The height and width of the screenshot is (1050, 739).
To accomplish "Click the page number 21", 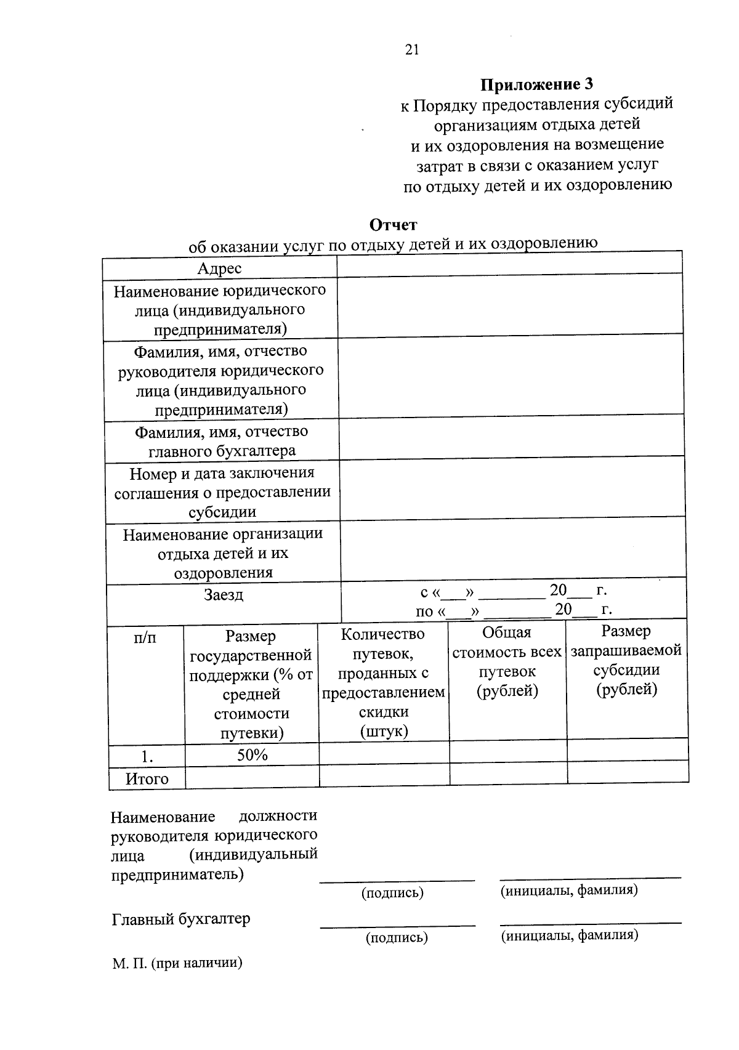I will pyautogui.click(x=412, y=50).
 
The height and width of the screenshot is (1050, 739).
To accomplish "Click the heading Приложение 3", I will pyautogui.click(x=536, y=84).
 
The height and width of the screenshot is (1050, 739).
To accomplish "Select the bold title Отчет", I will pyautogui.click(x=393, y=225).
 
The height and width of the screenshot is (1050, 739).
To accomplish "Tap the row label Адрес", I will pyautogui.click(x=219, y=269).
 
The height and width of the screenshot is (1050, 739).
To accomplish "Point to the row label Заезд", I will pyautogui.click(x=224, y=595).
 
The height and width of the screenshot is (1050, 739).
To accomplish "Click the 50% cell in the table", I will pyautogui.click(x=252, y=755).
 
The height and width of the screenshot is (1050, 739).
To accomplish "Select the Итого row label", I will pyautogui.click(x=147, y=778).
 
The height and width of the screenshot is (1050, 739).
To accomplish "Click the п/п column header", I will pyautogui.click(x=145, y=637).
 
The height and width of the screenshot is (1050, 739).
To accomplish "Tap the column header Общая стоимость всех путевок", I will pyautogui.click(x=507, y=661).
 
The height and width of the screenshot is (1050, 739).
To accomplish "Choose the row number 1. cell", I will pyautogui.click(x=147, y=756).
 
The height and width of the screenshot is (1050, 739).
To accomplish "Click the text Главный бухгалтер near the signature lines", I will pyautogui.click(x=181, y=919).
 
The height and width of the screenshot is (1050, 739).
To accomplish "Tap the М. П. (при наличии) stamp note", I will pyautogui.click(x=177, y=963).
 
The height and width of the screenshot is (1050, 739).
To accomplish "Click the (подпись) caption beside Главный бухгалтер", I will pyautogui.click(x=397, y=937).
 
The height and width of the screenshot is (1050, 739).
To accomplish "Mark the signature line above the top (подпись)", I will pyautogui.click(x=397, y=881).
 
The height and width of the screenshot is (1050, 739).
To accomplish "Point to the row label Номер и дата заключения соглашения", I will pyautogui.click(x=222, y=492).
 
